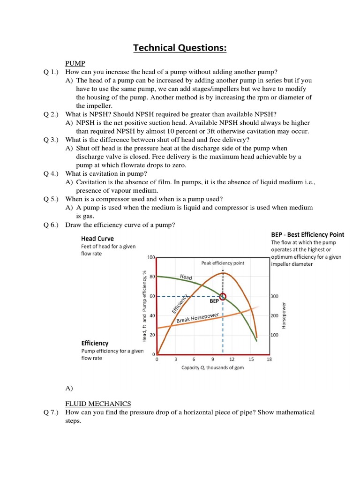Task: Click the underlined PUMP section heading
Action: (x=75, y=63)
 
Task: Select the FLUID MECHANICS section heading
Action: (x=98, y=403)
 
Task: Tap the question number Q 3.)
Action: (x=51, y=140)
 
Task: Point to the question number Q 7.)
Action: (x=51, y=412)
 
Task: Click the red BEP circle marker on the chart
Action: (x=223, y=296)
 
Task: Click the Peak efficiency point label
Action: (x=223, y=263)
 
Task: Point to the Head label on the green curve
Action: (x=186, y=277)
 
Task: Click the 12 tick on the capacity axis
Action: (x=232, y=360)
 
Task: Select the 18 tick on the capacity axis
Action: (x=269, y=360)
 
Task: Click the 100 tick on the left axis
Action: (x=150, y=257)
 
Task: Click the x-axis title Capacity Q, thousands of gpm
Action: (x=212, y=367)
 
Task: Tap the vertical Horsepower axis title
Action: (x=283, y=315)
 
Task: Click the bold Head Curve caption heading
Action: (x=97, y=238)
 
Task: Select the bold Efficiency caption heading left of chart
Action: (x=95, y=343)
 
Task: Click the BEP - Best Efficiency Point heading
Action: (x=307, y=234)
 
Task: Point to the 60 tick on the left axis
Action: (x=152, y=296)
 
